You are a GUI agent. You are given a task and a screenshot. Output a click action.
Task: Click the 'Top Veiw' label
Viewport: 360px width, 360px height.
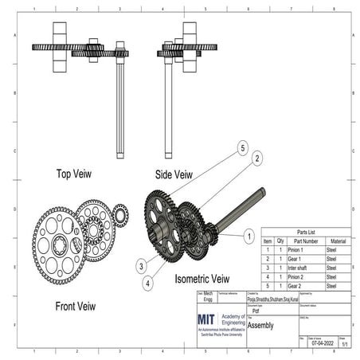coord(76,173)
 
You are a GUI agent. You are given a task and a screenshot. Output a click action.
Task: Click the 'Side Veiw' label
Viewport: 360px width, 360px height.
coord(173,174)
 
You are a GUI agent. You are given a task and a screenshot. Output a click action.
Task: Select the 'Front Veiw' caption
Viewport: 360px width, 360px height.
coord(76,305)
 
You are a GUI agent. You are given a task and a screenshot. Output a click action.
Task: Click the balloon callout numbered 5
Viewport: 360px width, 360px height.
coord(243,147)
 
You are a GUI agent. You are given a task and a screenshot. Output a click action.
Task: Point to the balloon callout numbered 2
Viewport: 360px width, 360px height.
coord(257,158)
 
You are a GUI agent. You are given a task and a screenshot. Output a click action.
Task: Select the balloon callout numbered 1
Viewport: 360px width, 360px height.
coord(248,237)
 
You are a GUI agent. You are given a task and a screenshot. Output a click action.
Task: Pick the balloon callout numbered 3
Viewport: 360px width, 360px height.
coord(139,266)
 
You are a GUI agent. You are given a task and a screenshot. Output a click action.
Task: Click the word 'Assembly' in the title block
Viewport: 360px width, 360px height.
coord(261,325)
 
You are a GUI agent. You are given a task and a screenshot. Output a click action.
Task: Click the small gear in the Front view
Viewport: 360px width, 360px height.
coord(120,213)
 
